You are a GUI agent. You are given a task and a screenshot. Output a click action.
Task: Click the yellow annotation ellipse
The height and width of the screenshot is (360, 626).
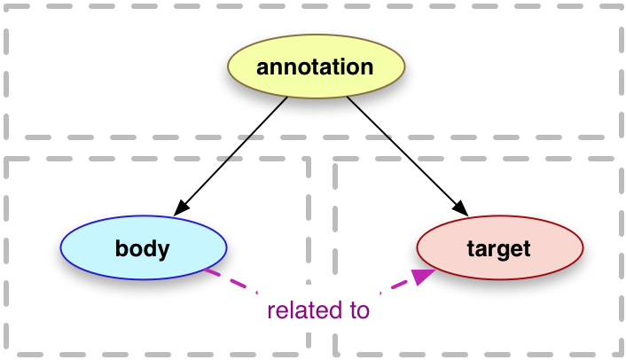[316, 67]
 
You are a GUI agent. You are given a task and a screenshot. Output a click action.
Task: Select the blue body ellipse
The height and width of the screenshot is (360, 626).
[143, 248]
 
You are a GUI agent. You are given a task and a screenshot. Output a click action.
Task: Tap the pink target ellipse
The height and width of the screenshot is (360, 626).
[499, 248]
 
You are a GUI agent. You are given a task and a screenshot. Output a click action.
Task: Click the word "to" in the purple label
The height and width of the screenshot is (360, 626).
[358, 310]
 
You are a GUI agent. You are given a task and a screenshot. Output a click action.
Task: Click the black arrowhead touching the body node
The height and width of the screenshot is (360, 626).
[181, 209]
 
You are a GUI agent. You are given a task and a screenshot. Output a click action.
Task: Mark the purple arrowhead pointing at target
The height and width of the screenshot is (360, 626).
[424, 276]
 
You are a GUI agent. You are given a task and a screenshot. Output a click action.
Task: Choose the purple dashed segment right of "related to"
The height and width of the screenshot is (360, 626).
[395, 286]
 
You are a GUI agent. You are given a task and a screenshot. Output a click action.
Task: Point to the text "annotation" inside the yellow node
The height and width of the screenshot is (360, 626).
[315, 67]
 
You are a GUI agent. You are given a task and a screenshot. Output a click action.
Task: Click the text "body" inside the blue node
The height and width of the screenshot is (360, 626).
[142, 248]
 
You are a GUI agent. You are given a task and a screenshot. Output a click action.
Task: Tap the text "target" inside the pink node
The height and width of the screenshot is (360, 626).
[498, 248]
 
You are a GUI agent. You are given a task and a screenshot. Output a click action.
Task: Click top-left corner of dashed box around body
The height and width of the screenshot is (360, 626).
[6, 160]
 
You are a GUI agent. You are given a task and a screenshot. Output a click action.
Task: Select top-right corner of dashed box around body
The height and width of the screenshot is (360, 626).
[308, 160]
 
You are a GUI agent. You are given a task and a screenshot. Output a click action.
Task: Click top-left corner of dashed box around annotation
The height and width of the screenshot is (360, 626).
[7, 7]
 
